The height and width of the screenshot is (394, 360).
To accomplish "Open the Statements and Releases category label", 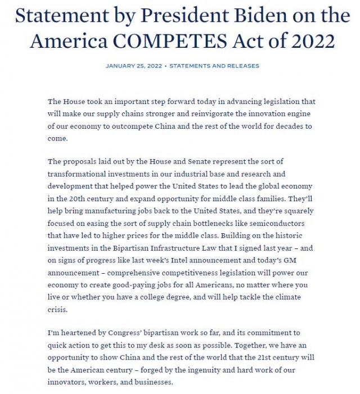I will click(214, 66).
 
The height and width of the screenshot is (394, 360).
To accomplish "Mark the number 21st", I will click(251, 359).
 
